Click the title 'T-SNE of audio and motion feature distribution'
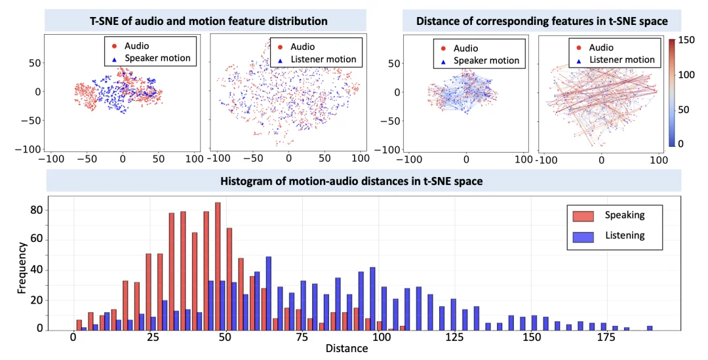[x=208, y=21]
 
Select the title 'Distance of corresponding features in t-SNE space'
[x=541, y=21]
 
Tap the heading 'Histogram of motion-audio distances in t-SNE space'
[x=363, y=181]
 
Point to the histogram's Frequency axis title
[x=22, y=267]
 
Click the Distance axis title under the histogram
[x=347, y=349]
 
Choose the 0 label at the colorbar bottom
[x=682, y=143]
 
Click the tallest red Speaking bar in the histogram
[x=218, y=266]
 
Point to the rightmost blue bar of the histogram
[x=650, y=327]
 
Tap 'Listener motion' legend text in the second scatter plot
[x=323, y=59]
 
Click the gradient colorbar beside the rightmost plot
[x=671, y=92]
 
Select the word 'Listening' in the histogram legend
[x=625, y=235]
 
